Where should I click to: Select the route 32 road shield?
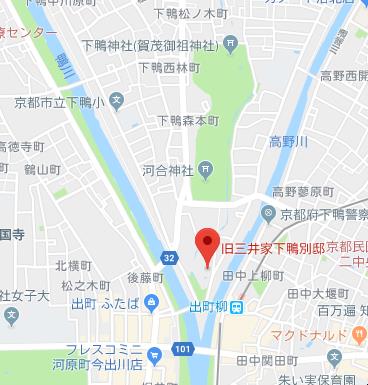coord(169,258)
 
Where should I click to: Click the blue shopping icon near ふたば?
coord(150,302)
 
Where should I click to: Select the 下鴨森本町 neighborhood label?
coord(188,121)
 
